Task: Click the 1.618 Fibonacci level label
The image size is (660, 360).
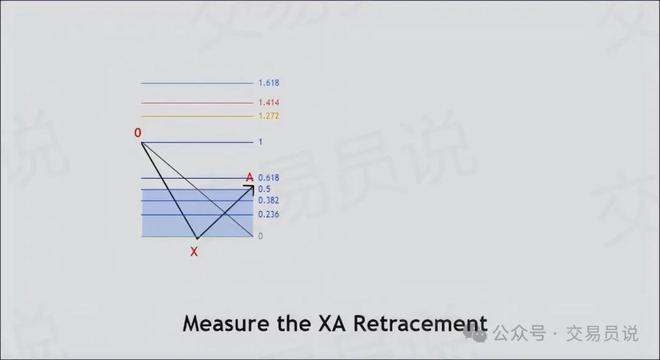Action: [x=268, y=83]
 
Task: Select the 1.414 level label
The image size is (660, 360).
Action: [x=268, y=103]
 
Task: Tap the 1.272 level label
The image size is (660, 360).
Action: [x=268, y=116]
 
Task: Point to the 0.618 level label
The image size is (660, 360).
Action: [x=268, y=178]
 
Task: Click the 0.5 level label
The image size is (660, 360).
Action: [x=264, y=189]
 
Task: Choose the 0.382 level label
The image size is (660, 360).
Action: [x=268, y=200]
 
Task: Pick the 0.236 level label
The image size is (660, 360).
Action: [x=268, y=214]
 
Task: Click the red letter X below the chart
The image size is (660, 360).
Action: [x=194, y=252]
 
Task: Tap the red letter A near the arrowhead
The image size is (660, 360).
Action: [x=249, y=177]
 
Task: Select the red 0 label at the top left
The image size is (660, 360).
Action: [x=138, y=133]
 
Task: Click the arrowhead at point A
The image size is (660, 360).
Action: [x=251, y=187]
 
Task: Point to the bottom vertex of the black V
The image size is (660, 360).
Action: [x=194, y=237]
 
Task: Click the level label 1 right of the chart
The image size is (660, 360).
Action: [x=260, y=142]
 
